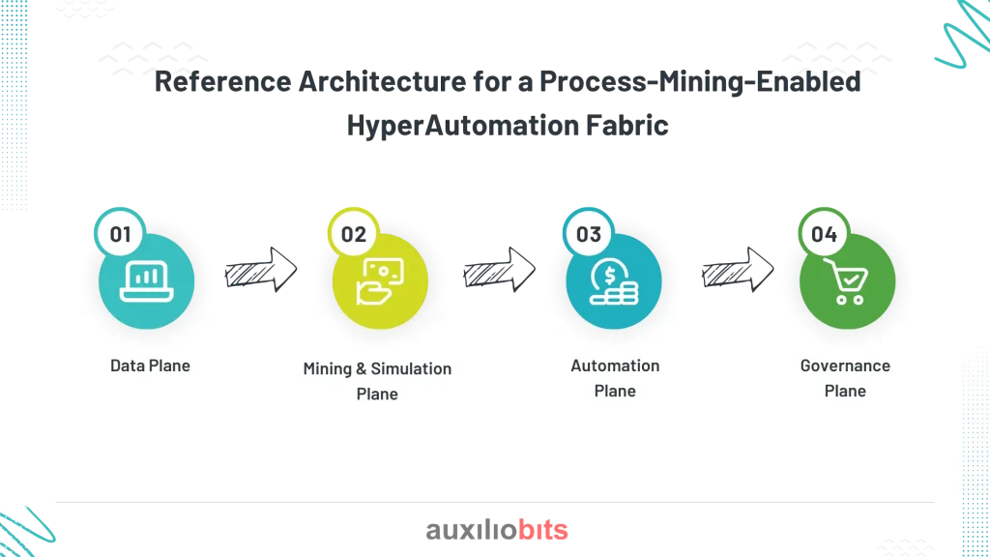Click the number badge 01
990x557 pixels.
(x=120, y=234)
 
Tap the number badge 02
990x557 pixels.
(x=354, y=234)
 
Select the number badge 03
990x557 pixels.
(x=589, y=234)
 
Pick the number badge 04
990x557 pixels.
(x=824, y=234)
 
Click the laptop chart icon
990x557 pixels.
(x=147, y=281)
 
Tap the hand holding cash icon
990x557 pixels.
(x=380, y=281)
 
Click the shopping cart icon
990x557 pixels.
(x=847, y=281)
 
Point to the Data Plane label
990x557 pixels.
(x=150, y=366)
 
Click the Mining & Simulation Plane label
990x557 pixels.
(x=378, y=381)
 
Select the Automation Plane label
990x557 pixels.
(x=615, y=378)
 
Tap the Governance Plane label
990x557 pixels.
(x=845, y=378)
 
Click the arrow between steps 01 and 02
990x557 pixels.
(x=261, y=270)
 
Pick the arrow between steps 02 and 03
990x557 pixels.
(x=500, y=270)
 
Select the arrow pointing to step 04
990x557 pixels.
(x=738, y=270)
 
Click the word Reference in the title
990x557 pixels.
(x=223, y=81)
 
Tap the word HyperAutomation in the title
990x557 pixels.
(x=463, y=125)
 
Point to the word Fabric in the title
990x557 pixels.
(x=626, y=125)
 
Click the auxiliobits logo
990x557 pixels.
(x=497, y=529)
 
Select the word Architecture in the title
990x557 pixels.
(x=382, y=81)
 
